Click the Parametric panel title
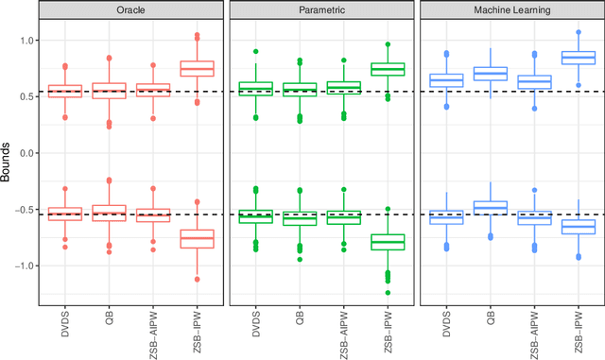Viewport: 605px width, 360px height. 321,11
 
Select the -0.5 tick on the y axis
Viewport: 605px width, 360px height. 24,209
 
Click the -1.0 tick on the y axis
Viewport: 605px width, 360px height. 24,266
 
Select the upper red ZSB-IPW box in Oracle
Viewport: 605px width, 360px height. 198,68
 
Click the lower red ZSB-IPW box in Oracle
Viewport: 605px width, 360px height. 198,238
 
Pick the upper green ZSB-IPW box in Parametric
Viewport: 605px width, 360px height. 386,69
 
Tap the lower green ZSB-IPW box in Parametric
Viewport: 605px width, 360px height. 386,242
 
